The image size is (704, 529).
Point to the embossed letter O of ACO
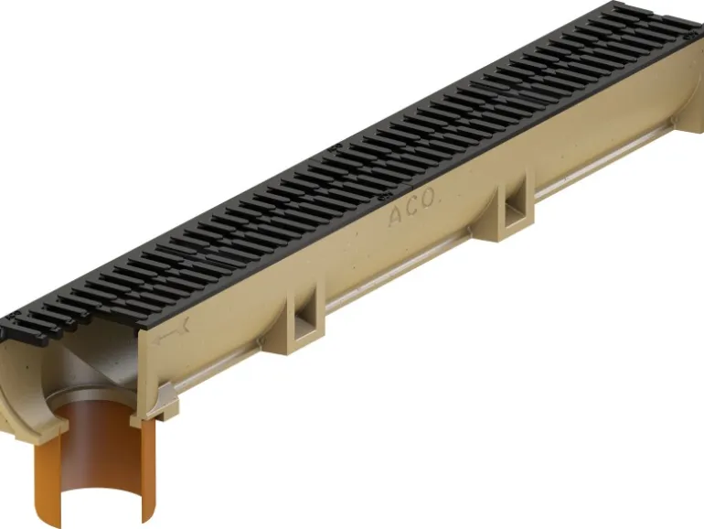pyautogui.click(x=428, y=198)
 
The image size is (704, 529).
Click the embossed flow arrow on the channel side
pyautogui.click(x=172, y=332)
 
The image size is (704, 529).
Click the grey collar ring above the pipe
pyautogui.click(x=90, y=395)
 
